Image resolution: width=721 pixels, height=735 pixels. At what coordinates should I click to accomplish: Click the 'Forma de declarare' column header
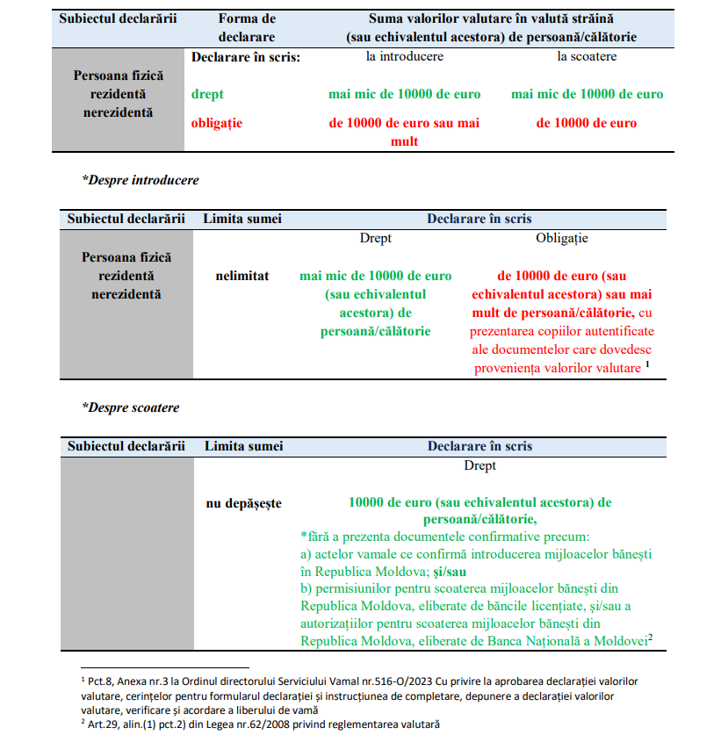246,27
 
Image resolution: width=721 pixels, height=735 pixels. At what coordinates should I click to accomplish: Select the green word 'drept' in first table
207,94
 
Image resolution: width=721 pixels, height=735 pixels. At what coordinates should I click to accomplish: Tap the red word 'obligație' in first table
216,123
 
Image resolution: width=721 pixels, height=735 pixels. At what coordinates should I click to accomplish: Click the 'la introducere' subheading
404,56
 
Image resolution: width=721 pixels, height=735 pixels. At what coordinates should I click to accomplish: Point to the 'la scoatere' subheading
587,56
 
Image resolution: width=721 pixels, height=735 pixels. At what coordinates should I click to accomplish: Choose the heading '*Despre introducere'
141,180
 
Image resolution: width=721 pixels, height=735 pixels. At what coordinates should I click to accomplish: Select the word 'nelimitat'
242,276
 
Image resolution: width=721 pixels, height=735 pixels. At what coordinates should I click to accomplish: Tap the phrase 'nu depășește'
243,503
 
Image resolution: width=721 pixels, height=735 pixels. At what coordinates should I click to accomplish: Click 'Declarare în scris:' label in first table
246,56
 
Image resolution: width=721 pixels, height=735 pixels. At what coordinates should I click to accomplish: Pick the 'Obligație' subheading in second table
562,238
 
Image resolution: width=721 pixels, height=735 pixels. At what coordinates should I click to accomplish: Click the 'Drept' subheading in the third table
479,465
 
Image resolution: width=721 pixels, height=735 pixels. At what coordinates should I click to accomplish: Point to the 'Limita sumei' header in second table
242,219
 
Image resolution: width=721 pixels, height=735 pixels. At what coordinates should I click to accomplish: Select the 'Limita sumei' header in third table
244,446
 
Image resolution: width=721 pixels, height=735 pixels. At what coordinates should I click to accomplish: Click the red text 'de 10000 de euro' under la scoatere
587,123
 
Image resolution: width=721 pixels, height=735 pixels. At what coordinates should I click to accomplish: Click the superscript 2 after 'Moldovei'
651,638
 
